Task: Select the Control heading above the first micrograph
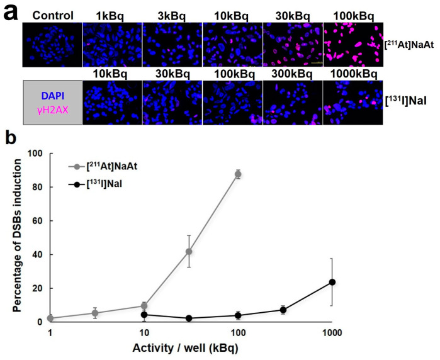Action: [52, 15]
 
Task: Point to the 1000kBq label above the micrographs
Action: [353, 74]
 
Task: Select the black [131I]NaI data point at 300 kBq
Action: [283, 310]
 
